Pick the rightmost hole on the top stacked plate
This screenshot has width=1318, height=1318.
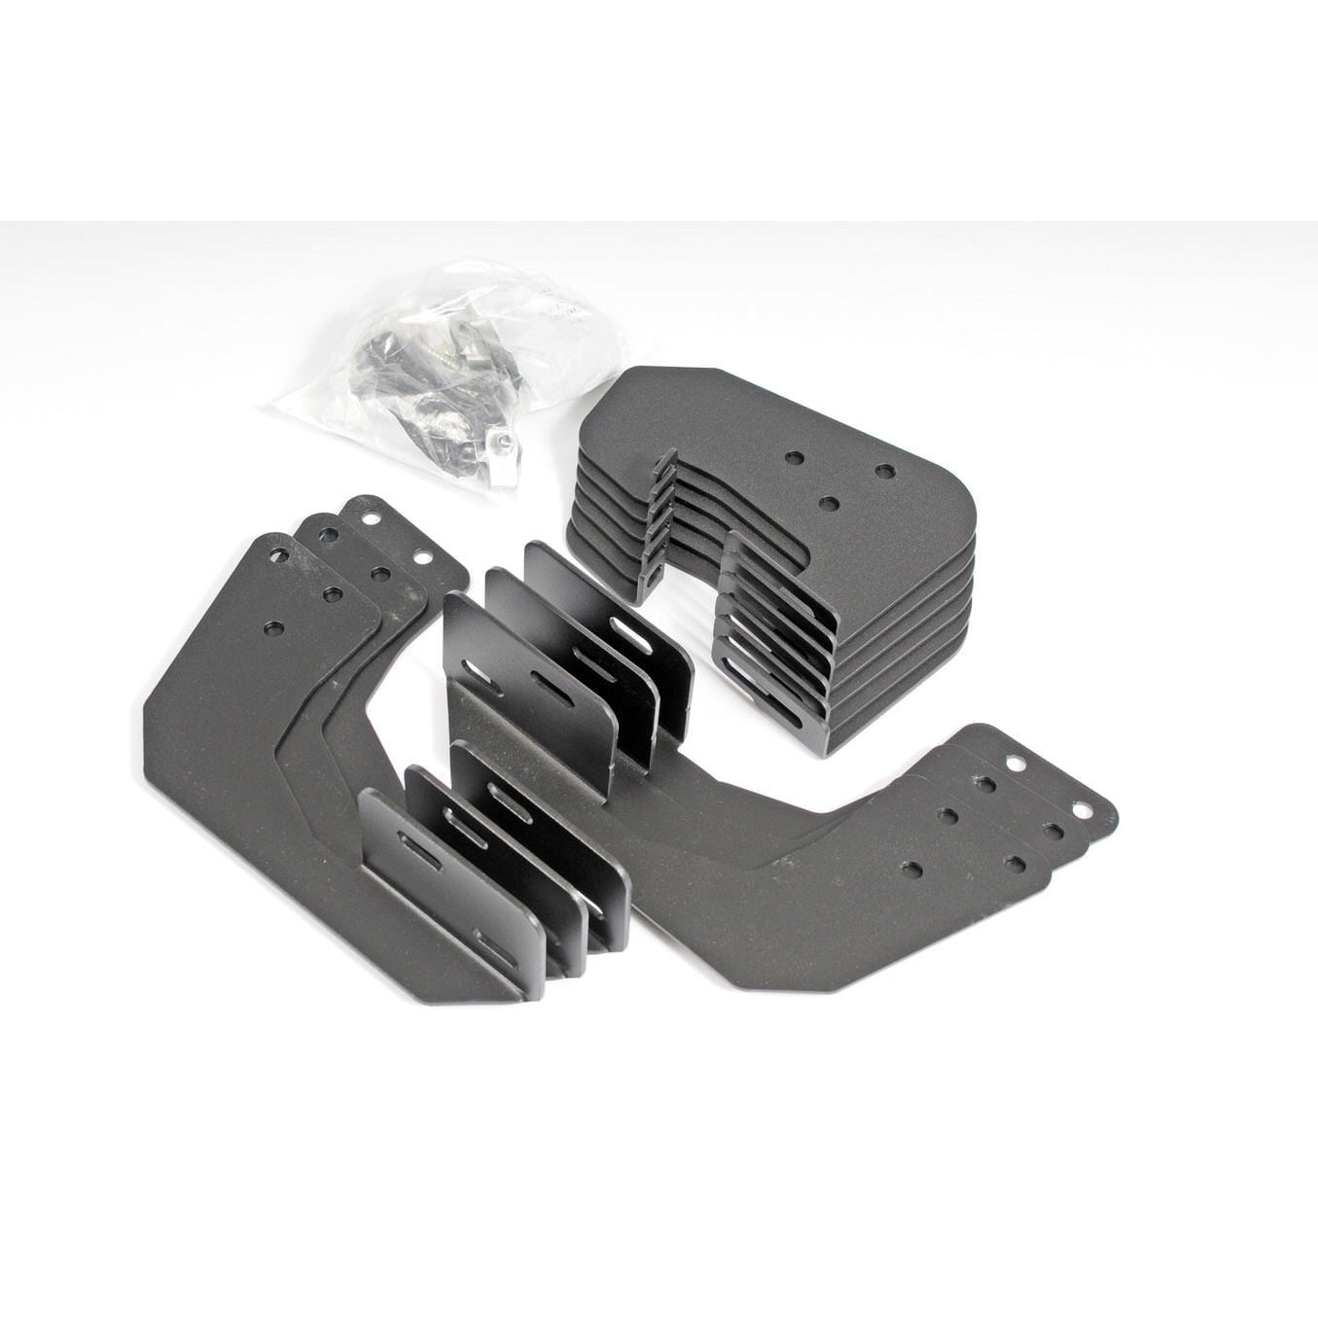click(884, 471)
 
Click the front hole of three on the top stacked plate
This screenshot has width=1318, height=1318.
click(830, 502)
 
